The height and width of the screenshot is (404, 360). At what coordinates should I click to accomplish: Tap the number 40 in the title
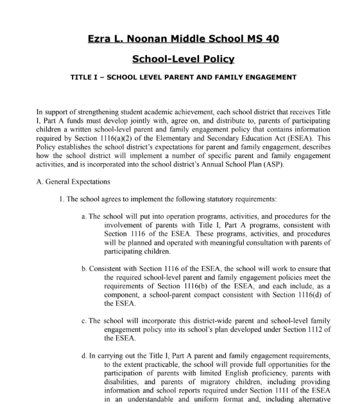point(270,39)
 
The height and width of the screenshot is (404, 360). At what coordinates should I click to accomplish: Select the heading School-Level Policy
point(183,59)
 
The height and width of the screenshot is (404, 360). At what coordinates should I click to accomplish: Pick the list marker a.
point(85,216)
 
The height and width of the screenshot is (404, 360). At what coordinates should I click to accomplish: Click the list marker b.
point(85,268)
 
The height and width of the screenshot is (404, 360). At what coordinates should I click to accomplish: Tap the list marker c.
point(85,321)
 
